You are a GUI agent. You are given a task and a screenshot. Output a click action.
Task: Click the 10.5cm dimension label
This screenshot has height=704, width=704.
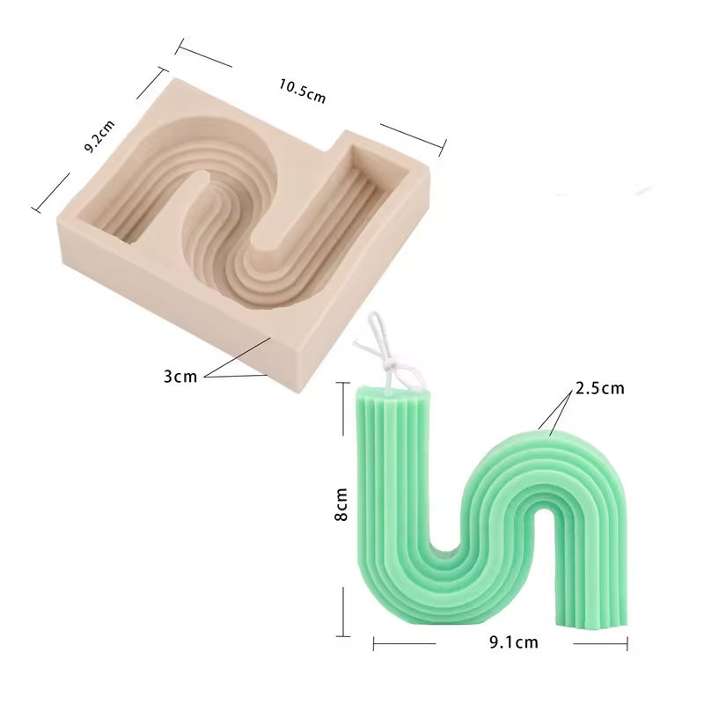tap(302, 91)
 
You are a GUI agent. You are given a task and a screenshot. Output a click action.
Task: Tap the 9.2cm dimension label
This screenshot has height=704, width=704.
tap(100, 136)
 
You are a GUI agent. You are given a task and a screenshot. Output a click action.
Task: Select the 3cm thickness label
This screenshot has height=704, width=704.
tap(180, 376)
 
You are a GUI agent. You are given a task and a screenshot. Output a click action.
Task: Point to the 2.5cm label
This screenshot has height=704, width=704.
tap(600, 388)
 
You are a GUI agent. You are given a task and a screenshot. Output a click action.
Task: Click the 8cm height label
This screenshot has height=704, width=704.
tap(341, 503)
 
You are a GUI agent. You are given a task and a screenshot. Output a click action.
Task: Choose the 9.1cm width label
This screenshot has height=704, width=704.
tap(514, 642)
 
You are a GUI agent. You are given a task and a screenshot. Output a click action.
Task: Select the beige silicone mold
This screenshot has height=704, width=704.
tap(243, 233)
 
